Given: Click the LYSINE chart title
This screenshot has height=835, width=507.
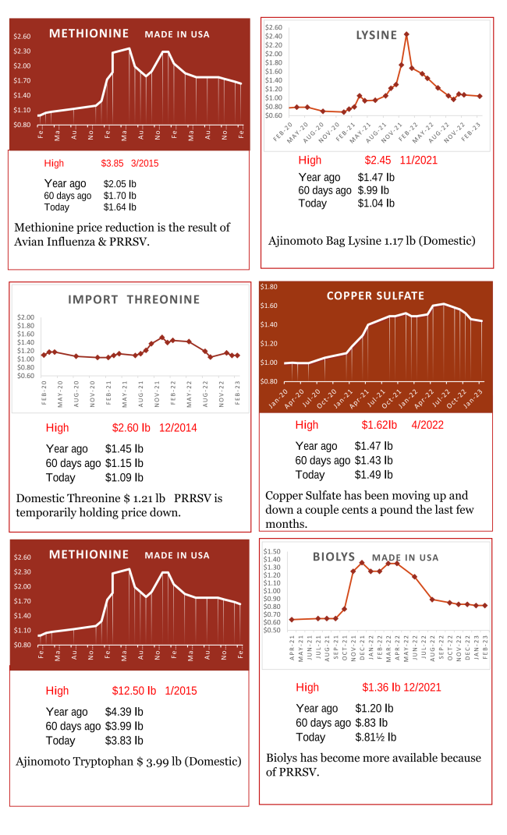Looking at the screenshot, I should (377, 35).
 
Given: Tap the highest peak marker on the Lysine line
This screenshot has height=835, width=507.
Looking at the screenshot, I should (406, 34).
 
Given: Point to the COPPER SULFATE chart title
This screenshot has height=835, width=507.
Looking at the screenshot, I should (375, 295).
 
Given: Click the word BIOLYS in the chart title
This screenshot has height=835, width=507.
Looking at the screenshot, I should (334, 557).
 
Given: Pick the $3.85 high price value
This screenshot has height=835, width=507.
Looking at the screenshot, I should (112, 164).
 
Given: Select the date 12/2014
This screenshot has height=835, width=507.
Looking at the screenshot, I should (179, 427).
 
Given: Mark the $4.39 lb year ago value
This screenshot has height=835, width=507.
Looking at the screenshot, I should (124, 712).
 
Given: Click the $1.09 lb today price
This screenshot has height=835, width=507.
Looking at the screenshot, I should (124, 477).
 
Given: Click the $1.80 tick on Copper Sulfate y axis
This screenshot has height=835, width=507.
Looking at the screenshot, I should (269, 287).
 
